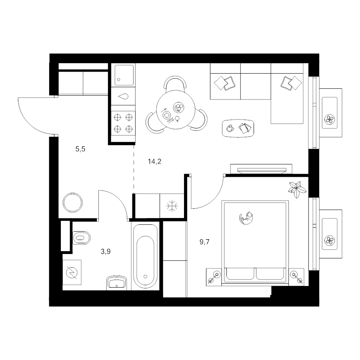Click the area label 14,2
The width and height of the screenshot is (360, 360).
[x=154, y=162]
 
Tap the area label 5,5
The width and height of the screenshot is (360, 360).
[x=80, y=149]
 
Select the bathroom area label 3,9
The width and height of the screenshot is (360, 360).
[x=106, y=252]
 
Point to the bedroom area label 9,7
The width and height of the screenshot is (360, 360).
[x=204, y=242]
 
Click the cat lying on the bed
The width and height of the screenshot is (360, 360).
[x=246, y=218]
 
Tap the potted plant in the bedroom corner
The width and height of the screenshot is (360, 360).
[x=297, y=190]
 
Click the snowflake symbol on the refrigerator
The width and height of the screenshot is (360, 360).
[x=172, y=206]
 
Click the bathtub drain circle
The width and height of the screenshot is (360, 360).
[x=145, y=276]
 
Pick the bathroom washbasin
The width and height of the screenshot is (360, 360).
[x=117, y=283]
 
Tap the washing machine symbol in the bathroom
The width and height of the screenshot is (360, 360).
[x=72, y=272]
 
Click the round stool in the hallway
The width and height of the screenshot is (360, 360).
[x=73, y=203]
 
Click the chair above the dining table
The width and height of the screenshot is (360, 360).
[x=175, y=83]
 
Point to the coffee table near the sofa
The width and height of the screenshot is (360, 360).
[x=238, y=128]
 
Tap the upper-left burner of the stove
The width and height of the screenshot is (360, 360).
[x=117, y=117]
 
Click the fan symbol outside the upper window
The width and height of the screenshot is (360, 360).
[x=330, y=119]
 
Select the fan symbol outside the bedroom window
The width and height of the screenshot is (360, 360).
[x=330, y=240]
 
